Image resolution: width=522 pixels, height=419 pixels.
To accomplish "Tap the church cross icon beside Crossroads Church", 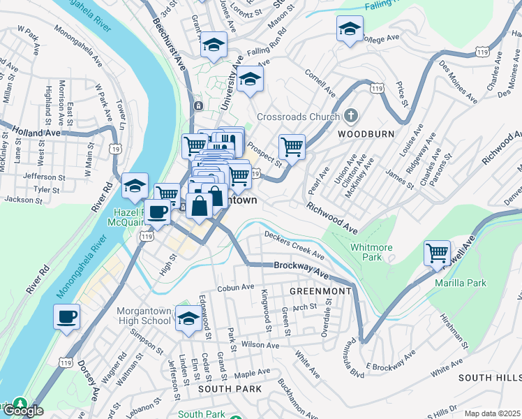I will tap(351, 116).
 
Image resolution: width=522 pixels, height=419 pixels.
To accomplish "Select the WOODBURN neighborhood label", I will tap(366, 133).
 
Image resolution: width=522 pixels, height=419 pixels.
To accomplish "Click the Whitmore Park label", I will tap(371, 252).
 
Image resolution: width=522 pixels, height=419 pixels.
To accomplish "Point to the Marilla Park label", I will tap(459, 283).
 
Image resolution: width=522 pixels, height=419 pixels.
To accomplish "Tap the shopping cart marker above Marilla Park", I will tap(437, 252).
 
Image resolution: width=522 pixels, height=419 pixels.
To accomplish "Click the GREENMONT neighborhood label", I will tap(315, 290).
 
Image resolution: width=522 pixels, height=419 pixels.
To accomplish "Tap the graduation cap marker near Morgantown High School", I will tap(188, 318).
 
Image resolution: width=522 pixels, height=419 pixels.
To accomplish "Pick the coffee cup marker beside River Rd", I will tap(67, 316).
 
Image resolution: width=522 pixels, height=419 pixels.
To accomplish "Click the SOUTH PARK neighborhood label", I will tap(230, 388).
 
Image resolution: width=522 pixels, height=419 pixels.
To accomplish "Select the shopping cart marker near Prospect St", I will tap(292, 147).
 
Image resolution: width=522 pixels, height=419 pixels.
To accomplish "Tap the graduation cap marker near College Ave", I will tap(349, 29).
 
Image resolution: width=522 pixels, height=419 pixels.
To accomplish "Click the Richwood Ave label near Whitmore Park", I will tap(331, 218).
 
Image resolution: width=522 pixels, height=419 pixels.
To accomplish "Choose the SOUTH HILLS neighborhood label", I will tap(489, 377).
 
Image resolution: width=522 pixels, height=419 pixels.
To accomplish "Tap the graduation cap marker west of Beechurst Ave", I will tap(135, 186).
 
